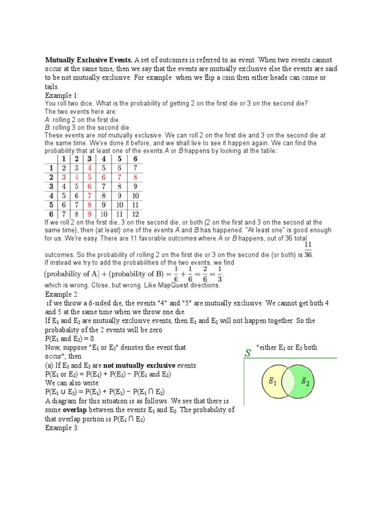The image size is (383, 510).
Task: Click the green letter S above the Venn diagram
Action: pos(247,353)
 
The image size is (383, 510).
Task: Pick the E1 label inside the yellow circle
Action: pos(272,382)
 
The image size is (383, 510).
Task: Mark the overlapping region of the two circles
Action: pos(288,381)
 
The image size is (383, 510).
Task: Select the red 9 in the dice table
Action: pos(90,214)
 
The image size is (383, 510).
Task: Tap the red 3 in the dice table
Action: pos(64,177)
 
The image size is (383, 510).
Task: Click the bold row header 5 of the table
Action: pos(51,205)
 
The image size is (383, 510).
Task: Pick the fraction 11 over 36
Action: pos(308,250)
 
